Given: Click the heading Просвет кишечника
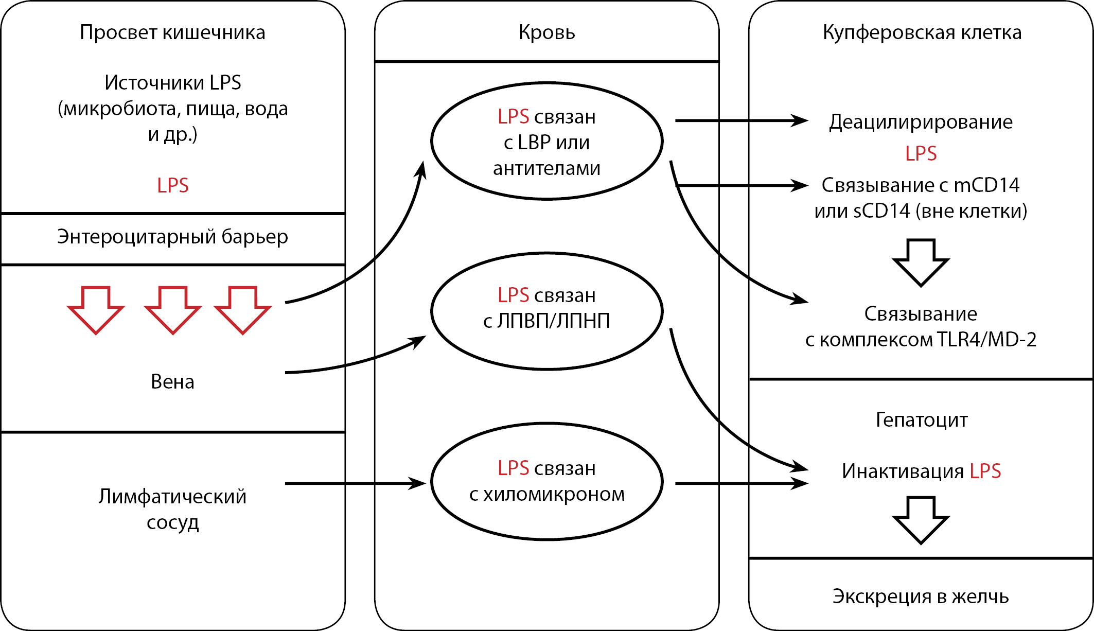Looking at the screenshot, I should tap(172, 32).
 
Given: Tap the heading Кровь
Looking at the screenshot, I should tap(546, 32).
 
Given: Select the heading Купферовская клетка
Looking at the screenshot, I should tap(922, 32).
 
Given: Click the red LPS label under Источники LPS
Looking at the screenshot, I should tap(172, 185).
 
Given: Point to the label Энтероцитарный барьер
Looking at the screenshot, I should tap(172, 237).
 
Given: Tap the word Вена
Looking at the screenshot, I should tap(172, 382).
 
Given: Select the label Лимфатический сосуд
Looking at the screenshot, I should tap(172, 509).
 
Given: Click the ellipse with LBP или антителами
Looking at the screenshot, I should tap(546, 141).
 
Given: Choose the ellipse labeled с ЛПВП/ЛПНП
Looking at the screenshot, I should tap(546, 311).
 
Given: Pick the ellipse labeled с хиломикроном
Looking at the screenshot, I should tap(546, 482).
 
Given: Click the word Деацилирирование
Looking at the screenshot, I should tap(921, 122).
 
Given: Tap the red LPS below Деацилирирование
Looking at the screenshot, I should tap(921, 153).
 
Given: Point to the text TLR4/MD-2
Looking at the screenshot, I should tap(986, 340).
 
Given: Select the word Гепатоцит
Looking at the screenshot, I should tap(921, 420).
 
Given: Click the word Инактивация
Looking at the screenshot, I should tap(903, 471).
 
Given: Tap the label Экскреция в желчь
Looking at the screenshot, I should tap(921, 597).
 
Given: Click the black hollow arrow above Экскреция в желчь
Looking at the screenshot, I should tap(921, 520).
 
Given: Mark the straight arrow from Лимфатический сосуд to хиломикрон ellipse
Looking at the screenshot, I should tap(355, 483).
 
